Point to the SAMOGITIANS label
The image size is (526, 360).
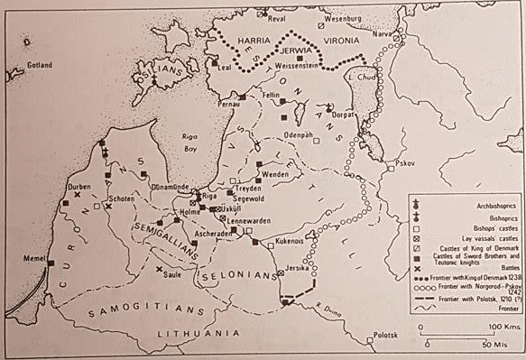pyautogui.click(x=144, y=311)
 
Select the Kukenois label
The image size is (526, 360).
pyautogui.click(x=281, y=241)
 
